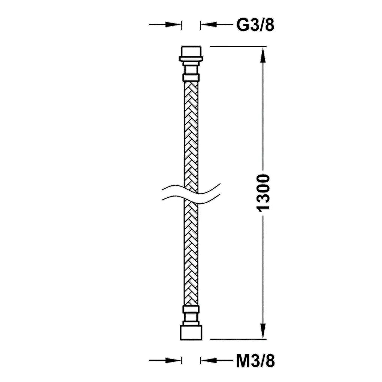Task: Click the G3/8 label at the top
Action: (x=255, y=25)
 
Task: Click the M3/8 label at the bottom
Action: (x=255, y=361)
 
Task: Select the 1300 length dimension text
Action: (x=263, y=193)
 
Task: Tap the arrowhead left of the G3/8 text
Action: (x=209, y=24)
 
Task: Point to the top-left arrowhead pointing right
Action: (x=173, y=24)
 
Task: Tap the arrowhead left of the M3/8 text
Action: (x=209, y=360)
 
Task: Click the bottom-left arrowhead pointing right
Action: (x=173, y=360)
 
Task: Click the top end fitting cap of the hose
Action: (x=191, y=51)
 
